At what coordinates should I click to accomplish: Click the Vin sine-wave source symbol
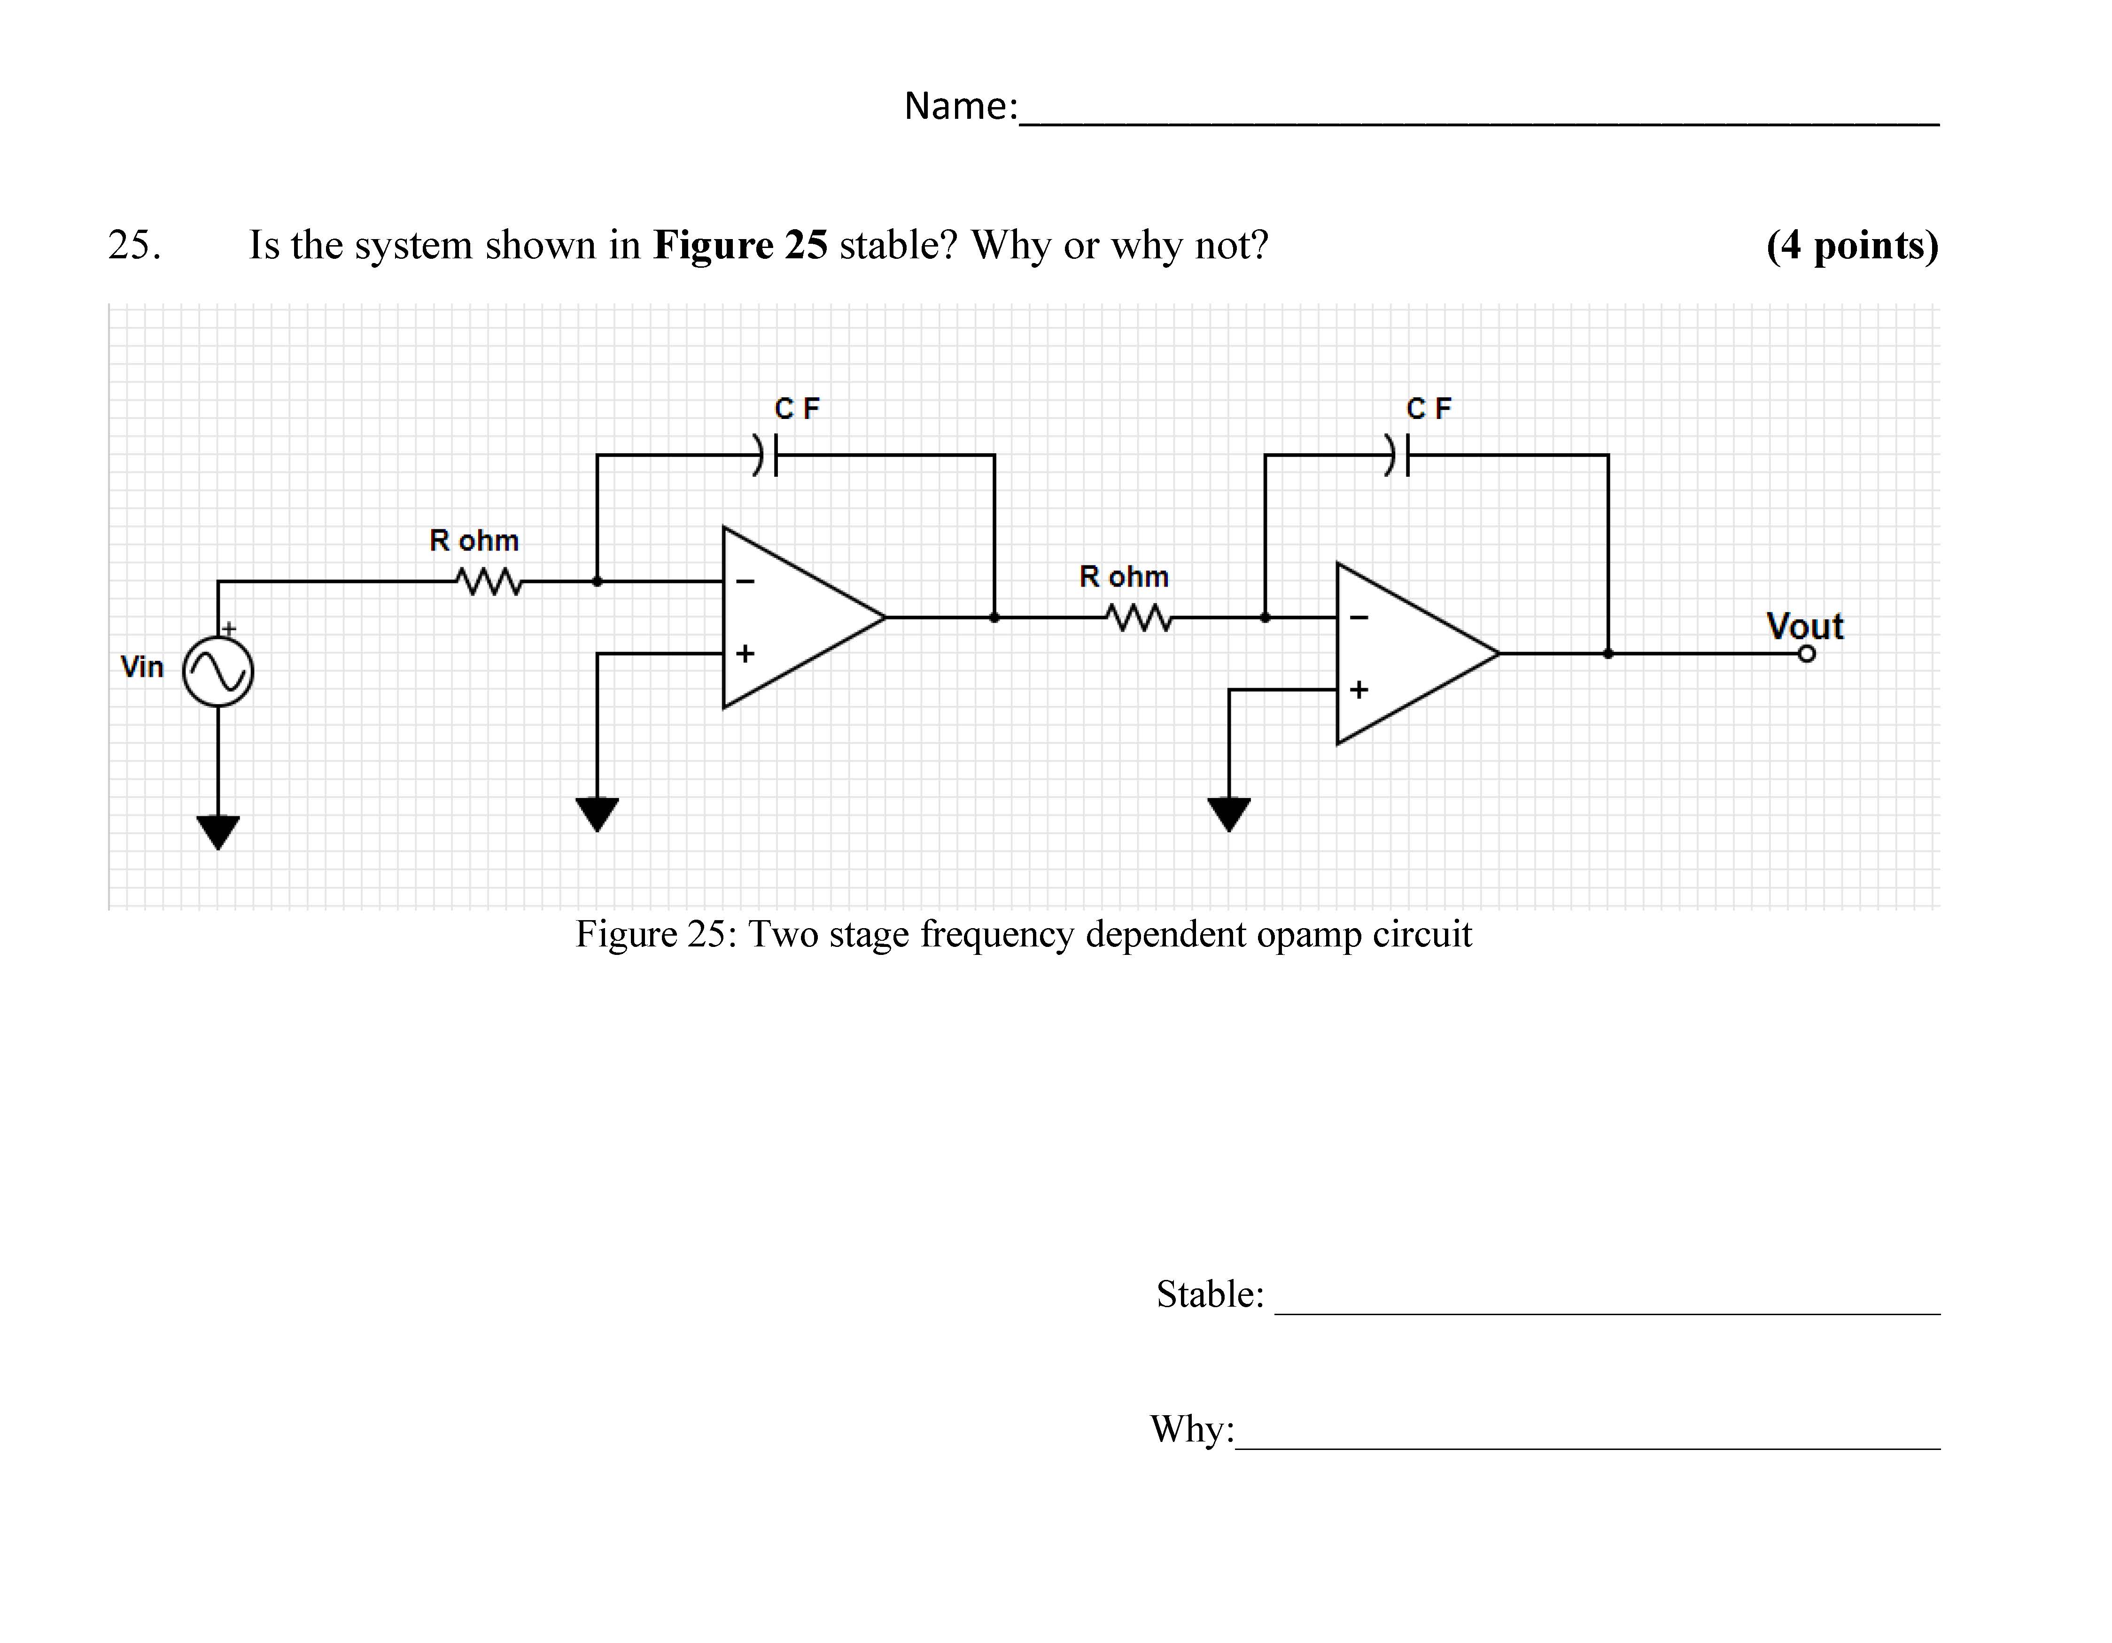point(218,671)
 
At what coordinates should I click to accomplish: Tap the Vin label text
point(142,667)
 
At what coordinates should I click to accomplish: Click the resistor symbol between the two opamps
point(1138,618)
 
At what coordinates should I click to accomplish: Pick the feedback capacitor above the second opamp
point(1398,455)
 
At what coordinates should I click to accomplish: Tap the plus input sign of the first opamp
point(745,654)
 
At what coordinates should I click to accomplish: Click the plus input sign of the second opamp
point(1359,690)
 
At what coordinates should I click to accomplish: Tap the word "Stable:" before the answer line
point(1210,1294)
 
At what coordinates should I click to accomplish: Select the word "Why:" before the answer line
point(1191,1428)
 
